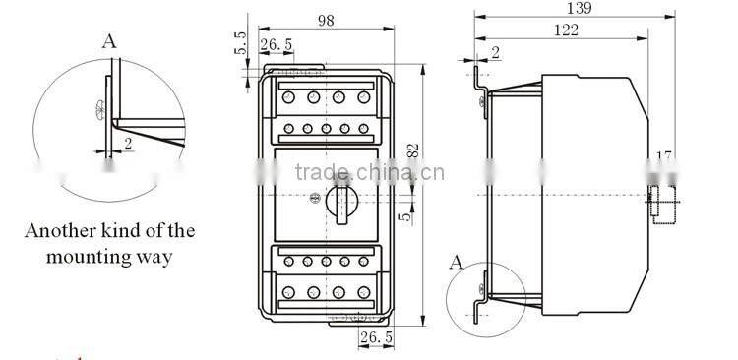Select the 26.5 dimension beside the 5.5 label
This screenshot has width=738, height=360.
coord(277,44)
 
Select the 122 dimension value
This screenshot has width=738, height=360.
coord(566,31)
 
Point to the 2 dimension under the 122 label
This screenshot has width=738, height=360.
coord(493,51)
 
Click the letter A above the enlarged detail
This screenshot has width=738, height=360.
coord(109,40)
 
